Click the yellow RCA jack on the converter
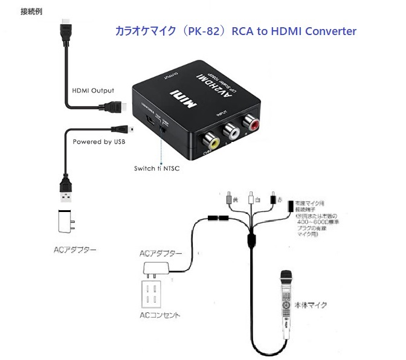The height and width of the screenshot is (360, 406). [213, 141]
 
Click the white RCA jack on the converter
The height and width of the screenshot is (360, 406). [232, 131]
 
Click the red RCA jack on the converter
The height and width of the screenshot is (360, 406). [251, 123]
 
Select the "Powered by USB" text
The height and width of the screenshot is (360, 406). [100, 142]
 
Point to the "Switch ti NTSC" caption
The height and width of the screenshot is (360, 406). [156, 169]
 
